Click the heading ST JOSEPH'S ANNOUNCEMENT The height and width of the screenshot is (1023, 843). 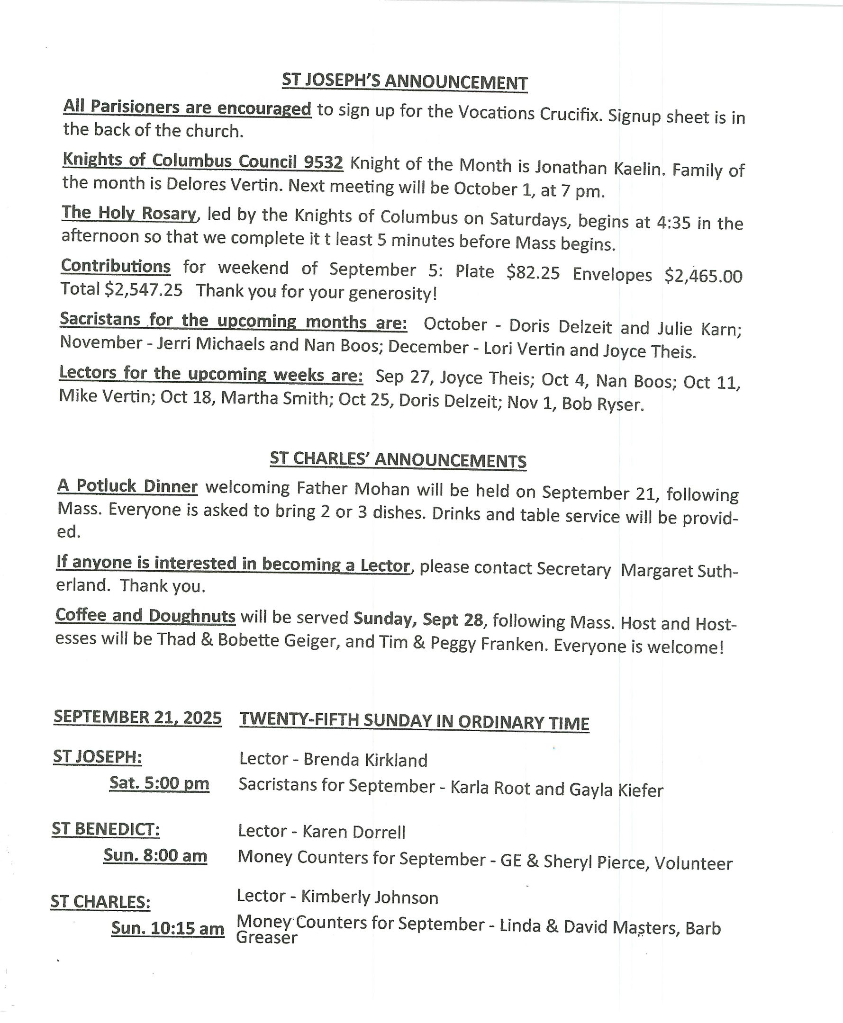point(405,81)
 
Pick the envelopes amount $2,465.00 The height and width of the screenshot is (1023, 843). point(703,276)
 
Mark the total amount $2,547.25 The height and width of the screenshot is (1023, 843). point(144,290)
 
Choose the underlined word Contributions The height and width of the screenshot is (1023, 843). point(116,266)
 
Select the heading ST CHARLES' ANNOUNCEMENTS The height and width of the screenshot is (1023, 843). point(398,459)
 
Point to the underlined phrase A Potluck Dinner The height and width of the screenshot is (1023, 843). point(127,486)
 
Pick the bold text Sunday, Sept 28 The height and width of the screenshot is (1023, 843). point(418,619)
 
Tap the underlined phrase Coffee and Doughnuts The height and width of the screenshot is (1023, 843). point(145,615)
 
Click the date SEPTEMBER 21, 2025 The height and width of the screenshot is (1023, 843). point(137,717)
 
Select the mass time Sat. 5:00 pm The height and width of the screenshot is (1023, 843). point(159,783)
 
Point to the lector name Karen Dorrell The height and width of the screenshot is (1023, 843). point(354,832)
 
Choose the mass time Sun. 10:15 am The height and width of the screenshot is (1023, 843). point(168,928)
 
